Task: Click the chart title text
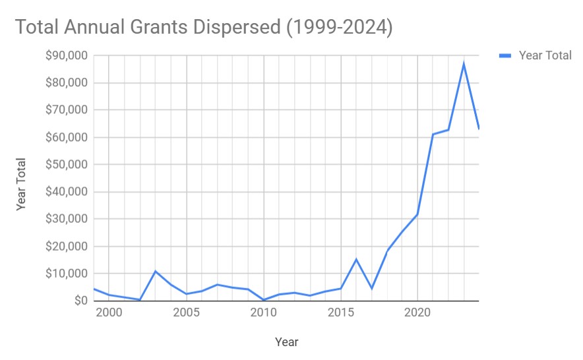coord(204,27)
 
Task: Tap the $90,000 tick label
coord(67,56)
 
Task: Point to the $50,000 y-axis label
coord(67,165)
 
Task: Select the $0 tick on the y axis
coord(80,301)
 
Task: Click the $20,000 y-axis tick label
coord(67,247)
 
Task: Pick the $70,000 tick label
coord(67,110)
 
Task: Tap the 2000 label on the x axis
coord(109,312)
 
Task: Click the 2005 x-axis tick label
coord(187,312)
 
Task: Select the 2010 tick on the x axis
coord(264,312)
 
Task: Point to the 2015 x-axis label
coord(341,312)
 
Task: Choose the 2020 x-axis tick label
coord(417,312)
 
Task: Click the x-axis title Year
coord(286,342)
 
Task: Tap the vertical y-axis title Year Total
coord(21,184)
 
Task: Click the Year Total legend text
coord(545,55)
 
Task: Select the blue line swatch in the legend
coord(505,55)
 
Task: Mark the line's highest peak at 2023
coord(464,63)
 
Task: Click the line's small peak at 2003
coord(156,271)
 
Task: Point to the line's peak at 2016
coord(356,259)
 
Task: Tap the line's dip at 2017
coord(372,288)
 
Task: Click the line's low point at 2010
coord(264,300)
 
